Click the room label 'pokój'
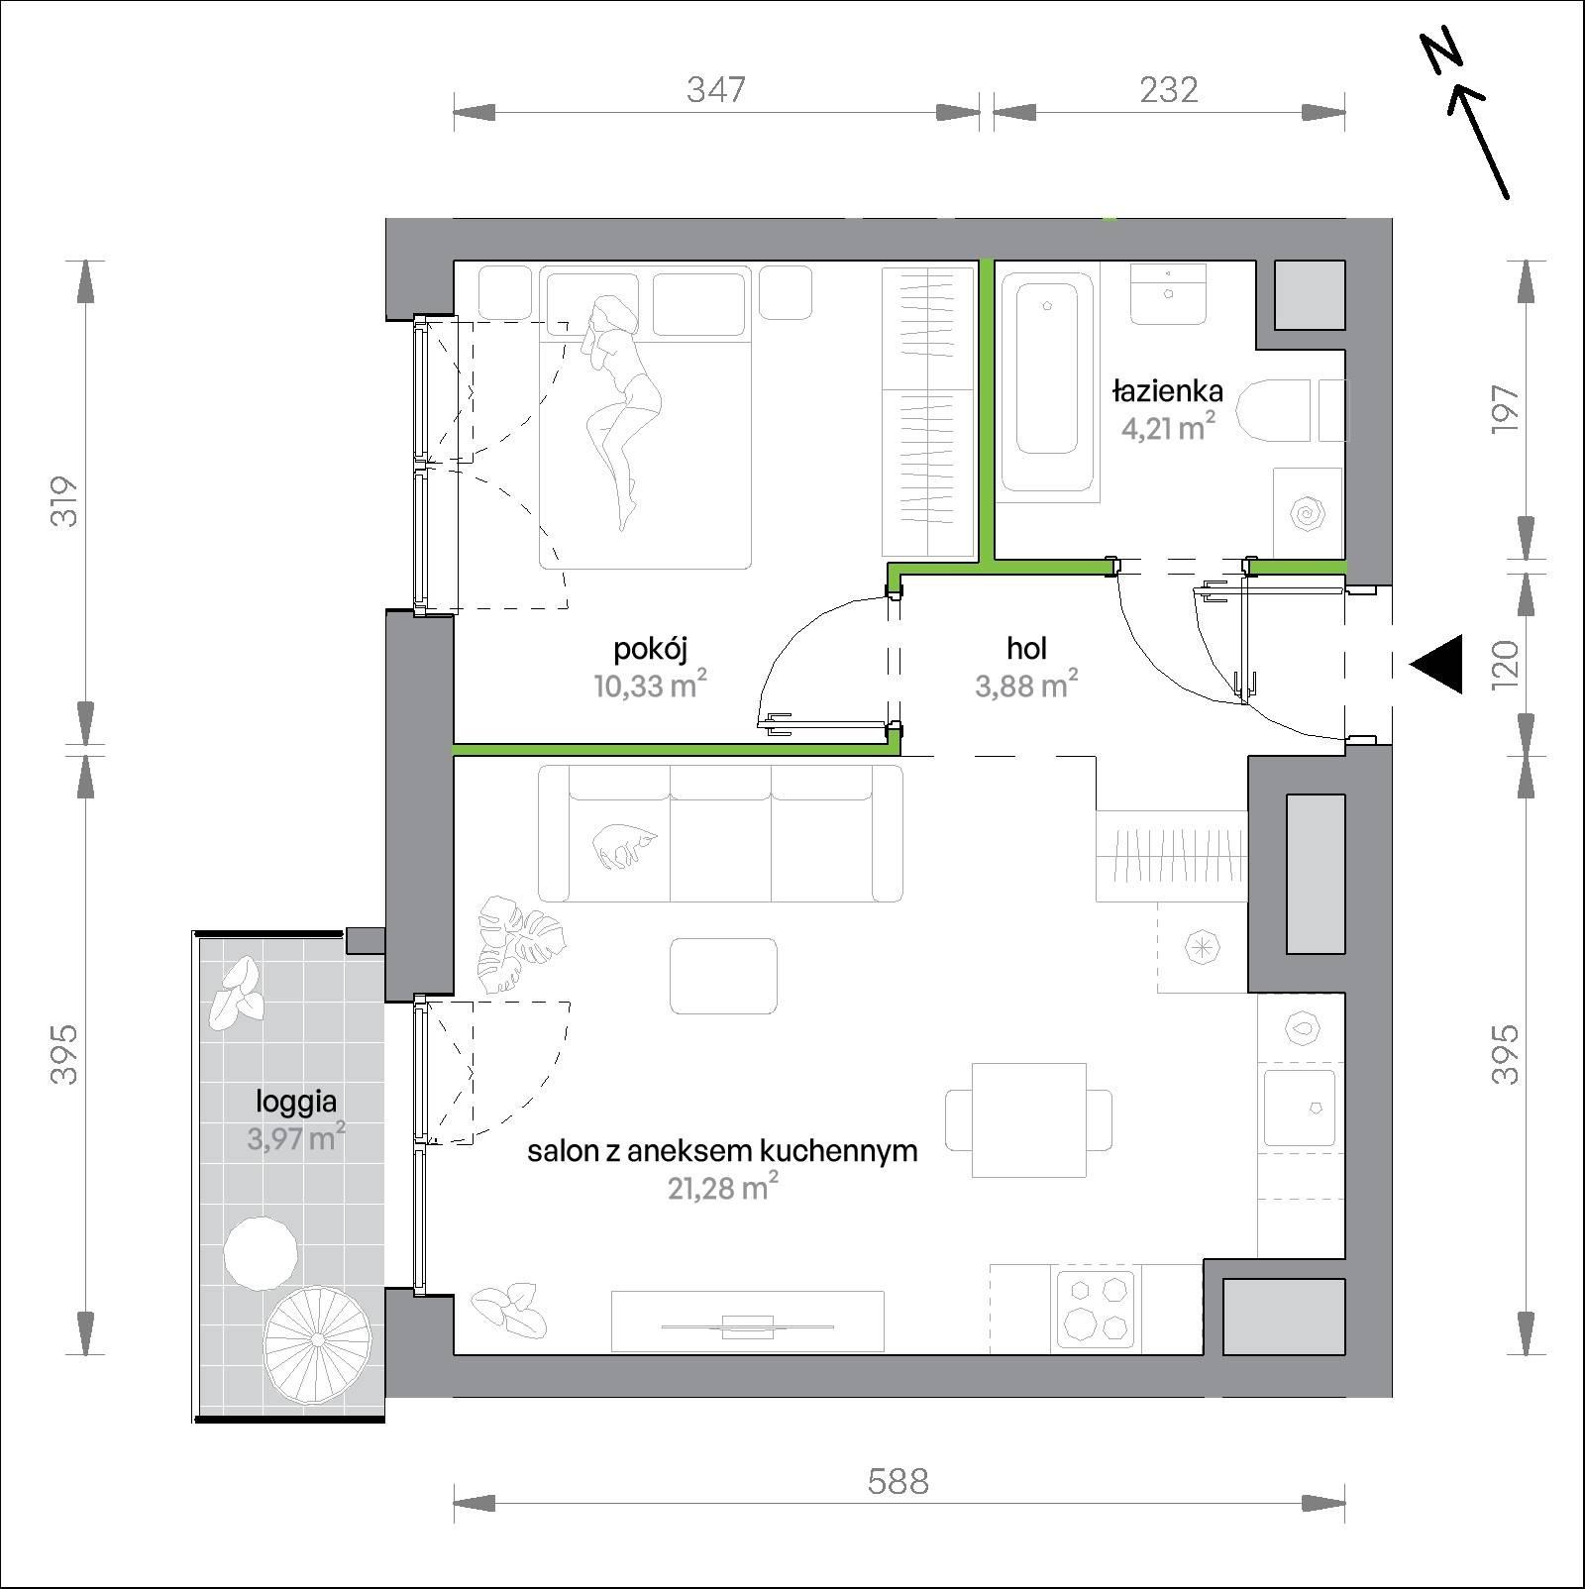click(650, 650)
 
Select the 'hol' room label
click(1026, 649)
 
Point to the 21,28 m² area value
click(722, 1187)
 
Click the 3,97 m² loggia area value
click(296, 1138)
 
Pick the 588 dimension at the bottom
click(898, 1482)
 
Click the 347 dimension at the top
click(716, 90)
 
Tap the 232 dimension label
click(1169, 90)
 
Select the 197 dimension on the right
click(1505, 408)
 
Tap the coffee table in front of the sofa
click(723, 976)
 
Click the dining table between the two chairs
click(1029, 1119)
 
